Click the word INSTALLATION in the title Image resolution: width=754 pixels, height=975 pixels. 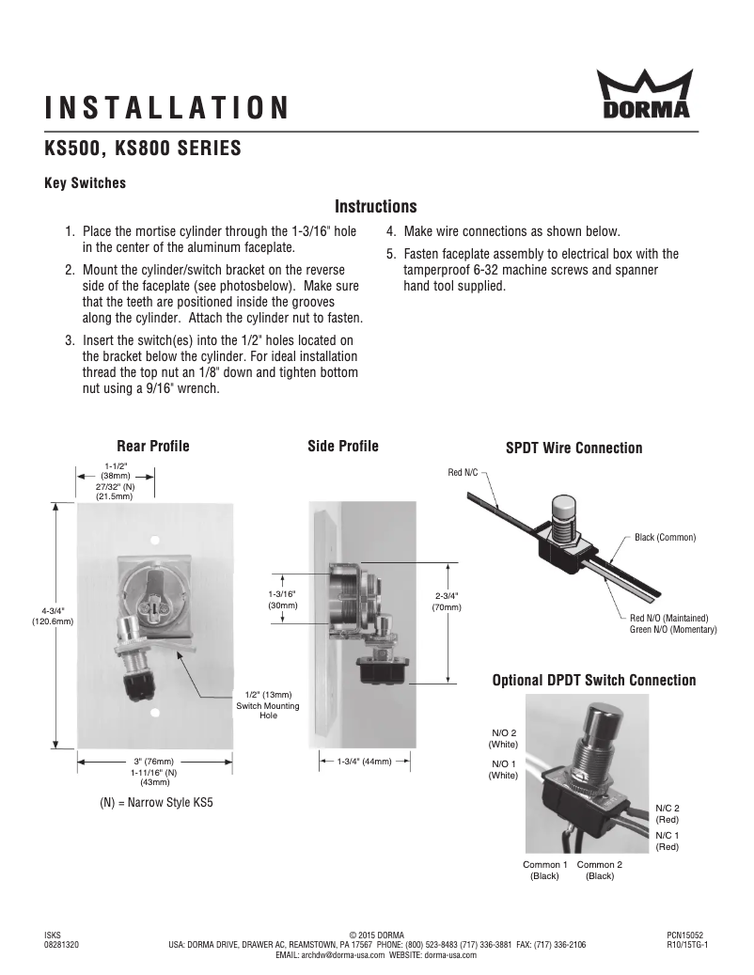[167, 107]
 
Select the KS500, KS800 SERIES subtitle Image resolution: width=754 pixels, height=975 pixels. [143, 149]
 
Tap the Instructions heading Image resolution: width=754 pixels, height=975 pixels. [376, 207]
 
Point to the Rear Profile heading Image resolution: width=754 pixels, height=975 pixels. [152, 446]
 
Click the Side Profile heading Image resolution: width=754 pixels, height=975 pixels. [343, 446]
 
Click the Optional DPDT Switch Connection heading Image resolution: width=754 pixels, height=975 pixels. [594, 680]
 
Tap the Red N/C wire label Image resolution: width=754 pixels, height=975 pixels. [463, 472]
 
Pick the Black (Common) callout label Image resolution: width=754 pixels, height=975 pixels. [665, 537]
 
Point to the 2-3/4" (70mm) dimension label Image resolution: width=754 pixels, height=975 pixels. [447, 602]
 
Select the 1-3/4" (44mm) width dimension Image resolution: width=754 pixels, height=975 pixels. [364, 761]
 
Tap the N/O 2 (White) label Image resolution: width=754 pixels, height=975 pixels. [504, 738]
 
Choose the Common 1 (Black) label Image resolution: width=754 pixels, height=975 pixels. [545, 870]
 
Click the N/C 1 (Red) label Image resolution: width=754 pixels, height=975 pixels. [667, 841]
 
